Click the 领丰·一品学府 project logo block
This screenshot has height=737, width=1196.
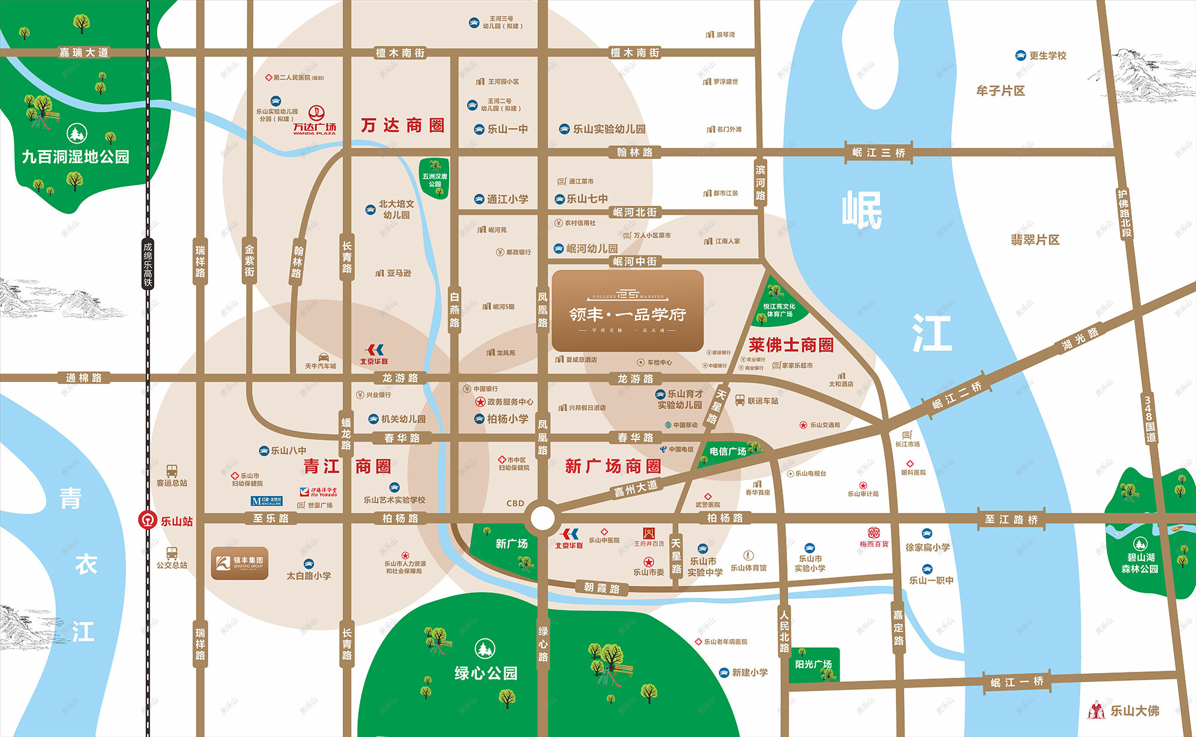pyautogui.click(x=627, y=311)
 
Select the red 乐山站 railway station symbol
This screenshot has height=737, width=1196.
pyautogui.click(x=147, y=520)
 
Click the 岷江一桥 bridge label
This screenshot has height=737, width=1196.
pyautogui.click(x=1017, y=681)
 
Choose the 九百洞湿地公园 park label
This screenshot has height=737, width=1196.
pyautogui.click(x=75, y=157)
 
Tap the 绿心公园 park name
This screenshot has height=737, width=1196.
pyautogui.click(x=486, y=673)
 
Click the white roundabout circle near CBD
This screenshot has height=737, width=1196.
pyautogui.click(x=543, y=518)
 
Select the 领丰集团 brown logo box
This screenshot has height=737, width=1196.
pyautogui.click(x=239, y=563)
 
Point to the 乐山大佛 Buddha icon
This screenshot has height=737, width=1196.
pyautogui.click(x=1096, y=710)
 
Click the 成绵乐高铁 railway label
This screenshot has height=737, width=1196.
pyautogui.click(x=148, y=264)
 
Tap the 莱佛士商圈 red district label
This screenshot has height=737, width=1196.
pyautogui.click(x=791, y=345)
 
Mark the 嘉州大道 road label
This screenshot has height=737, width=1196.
pyautogui.click(x=636, y=488)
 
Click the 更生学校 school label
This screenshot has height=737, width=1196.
pyautogui.click(x=1047, y=56)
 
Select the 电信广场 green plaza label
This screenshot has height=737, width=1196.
pyautogui.click(x=728, y=451)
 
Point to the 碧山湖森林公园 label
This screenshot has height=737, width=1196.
pyautogui.click(x=1140, y=563)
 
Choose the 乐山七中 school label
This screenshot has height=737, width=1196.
pyautogui.click(x=587, y=199)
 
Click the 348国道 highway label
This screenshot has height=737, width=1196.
pyautogui.click(x=1149, y=418)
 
